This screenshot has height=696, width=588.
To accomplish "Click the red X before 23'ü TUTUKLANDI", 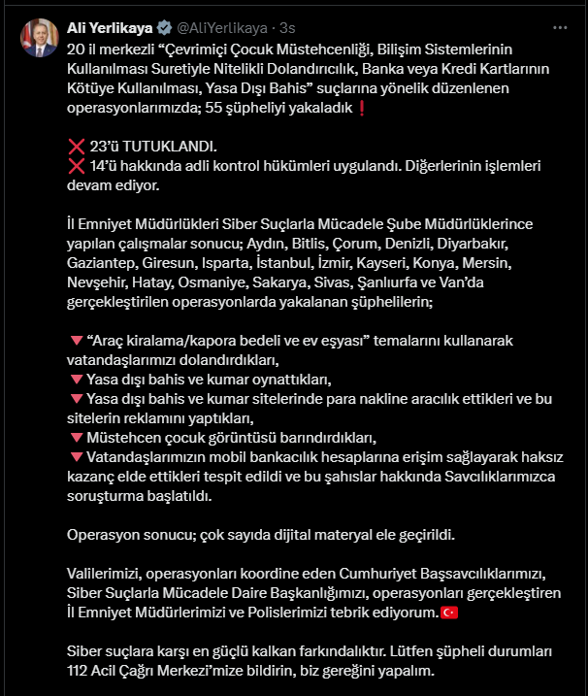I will coord(77,147).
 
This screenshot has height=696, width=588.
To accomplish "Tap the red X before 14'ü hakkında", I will coord(77,166).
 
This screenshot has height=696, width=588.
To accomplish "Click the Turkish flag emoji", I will coord(449,612).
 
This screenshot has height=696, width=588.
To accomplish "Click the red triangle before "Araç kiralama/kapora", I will coord(76,341).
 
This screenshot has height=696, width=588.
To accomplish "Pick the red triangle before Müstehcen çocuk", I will coord(76,437).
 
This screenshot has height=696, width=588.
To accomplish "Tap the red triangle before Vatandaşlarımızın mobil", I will coord(76,456).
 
